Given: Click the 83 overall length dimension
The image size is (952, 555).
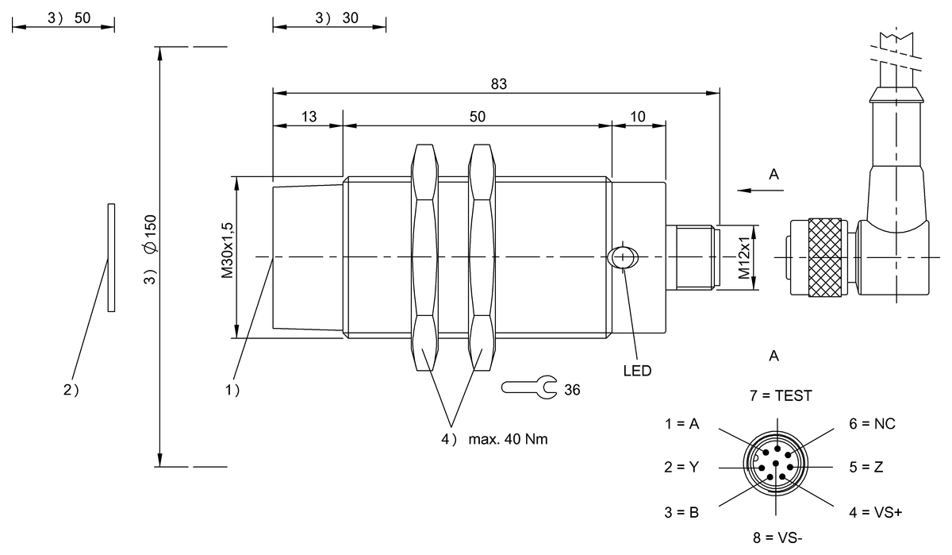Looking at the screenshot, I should pyautogui.click(x=498, y=83).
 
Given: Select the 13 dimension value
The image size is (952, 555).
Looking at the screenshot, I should pyautogui.click(x=309, y=116).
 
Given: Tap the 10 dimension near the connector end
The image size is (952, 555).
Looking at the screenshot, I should pyautogui.click(x=638, y=116).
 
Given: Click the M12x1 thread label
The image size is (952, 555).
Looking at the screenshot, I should pyautogui.click(x=743, y=258).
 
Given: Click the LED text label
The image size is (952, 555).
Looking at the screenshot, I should pyautogui.click(x=637, y=370).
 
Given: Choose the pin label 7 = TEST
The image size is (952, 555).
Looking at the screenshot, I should pyautogui.click(x=781, y=395).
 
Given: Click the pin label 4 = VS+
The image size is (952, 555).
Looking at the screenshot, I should pyautogui.click(x=875, y=512).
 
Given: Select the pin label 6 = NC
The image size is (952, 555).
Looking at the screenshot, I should pyautogui.click(x=872, y=424).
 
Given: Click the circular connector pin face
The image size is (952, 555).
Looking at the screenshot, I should pyautogui.click(x=775, y=465).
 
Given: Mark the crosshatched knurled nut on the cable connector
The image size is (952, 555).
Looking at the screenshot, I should pyautogui.click(x=826, y=257).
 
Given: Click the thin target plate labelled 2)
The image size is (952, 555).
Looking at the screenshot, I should pyautogui.click(x=111, y=257).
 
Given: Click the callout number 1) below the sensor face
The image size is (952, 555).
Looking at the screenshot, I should pyautogui.click(x=232, y=390).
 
